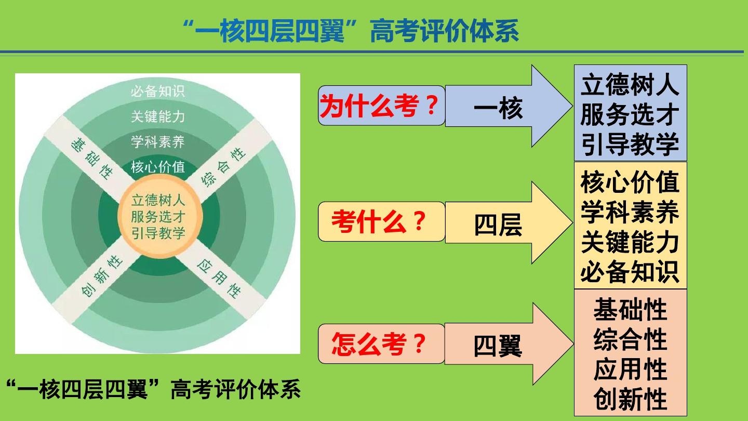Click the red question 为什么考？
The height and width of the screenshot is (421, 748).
(x=381, y=106)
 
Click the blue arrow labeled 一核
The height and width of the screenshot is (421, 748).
(x=499, y=108)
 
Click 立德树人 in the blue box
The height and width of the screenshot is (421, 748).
(x=630, y=85)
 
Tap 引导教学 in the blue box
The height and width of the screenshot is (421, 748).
(x=630, y=144)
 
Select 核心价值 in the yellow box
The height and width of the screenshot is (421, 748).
(x=630, y=182)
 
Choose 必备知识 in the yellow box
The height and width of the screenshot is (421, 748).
(x=630, y=272)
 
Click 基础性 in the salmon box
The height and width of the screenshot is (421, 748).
(x=630, y=310)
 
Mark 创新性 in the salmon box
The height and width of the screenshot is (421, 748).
(x=630, y=400)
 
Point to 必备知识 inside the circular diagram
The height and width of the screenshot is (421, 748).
(x=157, y=91)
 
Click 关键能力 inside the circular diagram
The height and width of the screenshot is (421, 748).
(x=157, y=116)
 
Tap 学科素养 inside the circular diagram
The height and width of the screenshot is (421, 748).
(x=157, y=141)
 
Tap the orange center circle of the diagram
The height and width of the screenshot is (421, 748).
(x=158, y=216)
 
